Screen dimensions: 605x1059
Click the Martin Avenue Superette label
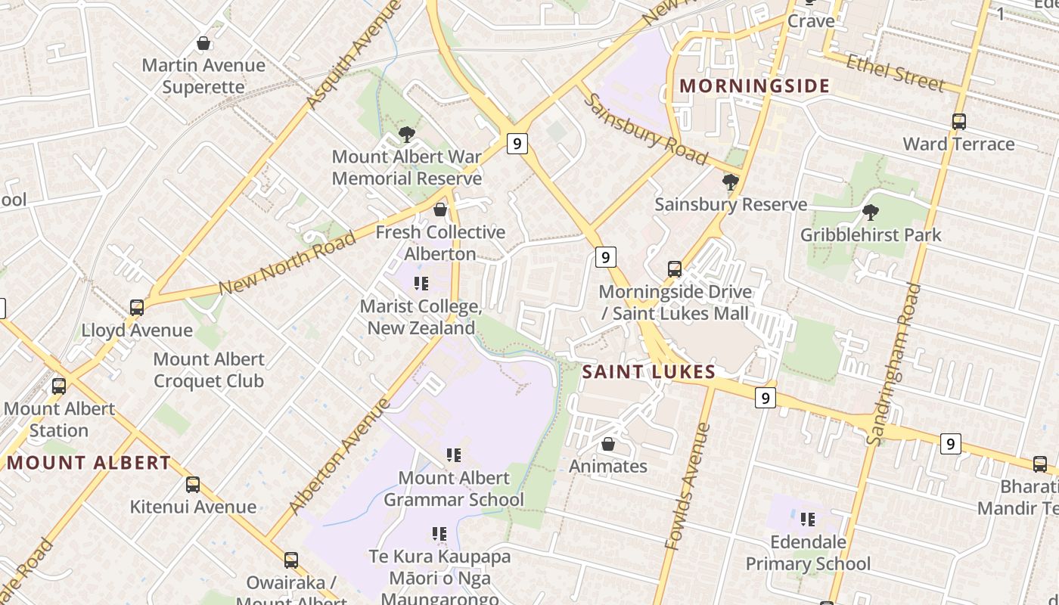coord(203,76)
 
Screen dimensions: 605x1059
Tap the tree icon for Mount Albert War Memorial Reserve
coord(407,135)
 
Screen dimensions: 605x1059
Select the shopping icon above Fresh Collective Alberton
coord(440,209)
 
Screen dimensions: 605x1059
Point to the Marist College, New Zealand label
coord(421,318)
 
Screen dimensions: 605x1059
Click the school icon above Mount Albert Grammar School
coord(454,455)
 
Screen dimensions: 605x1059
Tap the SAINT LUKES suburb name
coord(649,372)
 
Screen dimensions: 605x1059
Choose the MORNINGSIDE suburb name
coord(754,86)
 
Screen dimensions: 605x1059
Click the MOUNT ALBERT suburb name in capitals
coord(89,463)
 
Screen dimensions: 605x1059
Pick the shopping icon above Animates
coord(608,445)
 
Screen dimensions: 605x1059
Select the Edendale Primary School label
coord(808,553)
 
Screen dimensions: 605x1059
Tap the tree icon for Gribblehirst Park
coord(871,213)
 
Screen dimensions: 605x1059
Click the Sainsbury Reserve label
coord(731,204)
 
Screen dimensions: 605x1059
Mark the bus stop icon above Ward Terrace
coord(958,121)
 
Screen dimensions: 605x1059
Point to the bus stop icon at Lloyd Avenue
coord(137,308)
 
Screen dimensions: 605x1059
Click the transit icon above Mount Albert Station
coord(59,386)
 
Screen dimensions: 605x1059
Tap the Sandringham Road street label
coord(893,364)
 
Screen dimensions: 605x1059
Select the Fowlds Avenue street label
coord(688,486)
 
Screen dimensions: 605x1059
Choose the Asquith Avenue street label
coord(353,55)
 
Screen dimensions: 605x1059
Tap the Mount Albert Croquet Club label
coord(209,370)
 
